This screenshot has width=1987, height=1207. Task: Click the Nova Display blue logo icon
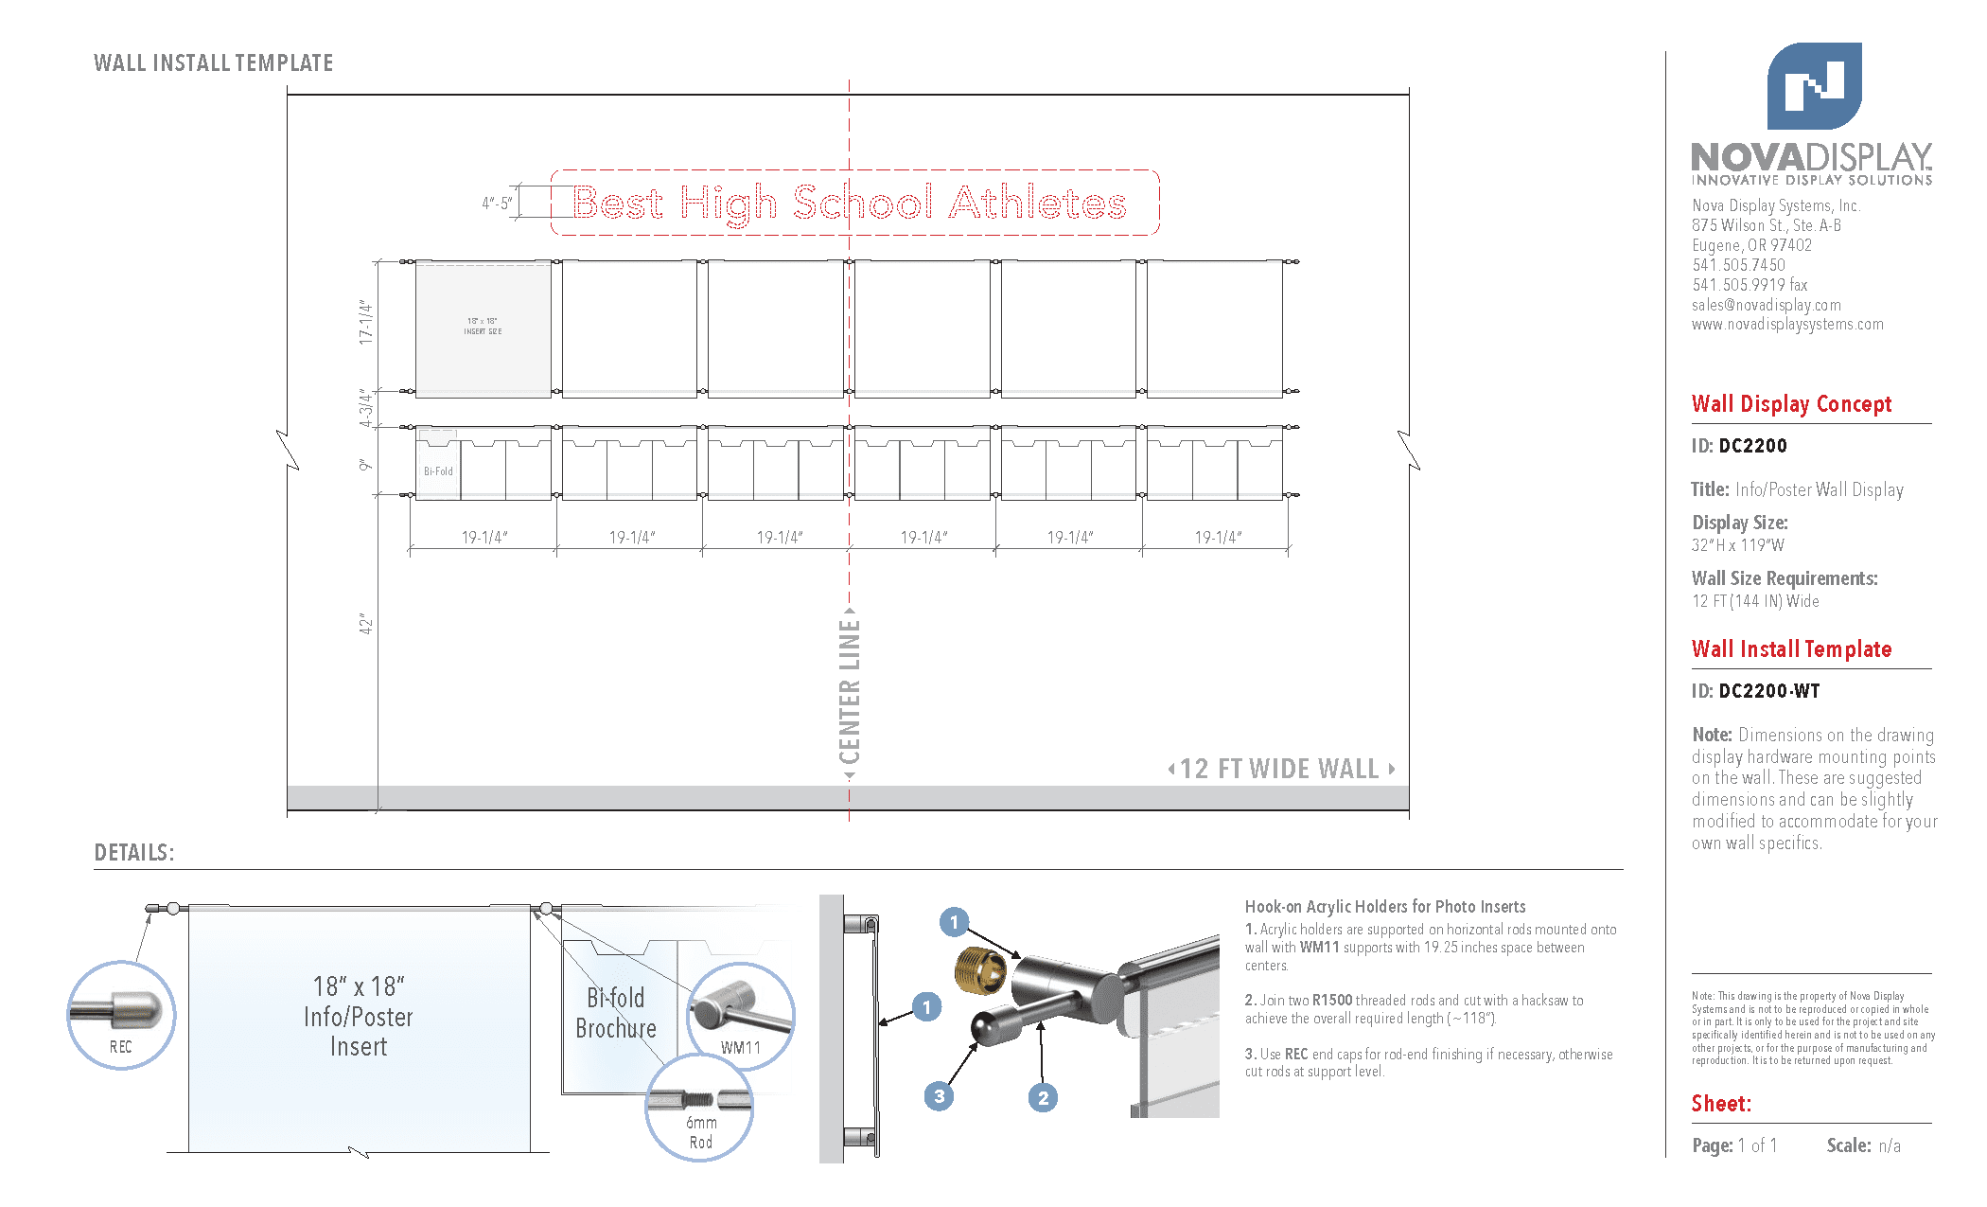pos(1814,86)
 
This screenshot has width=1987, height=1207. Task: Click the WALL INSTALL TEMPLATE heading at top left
pos(213,63)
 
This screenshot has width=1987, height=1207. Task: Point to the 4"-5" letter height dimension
pos(497,203)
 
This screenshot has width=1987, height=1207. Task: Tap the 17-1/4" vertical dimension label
pos(366,323)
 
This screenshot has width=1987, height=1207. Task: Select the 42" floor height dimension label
pos(366,624)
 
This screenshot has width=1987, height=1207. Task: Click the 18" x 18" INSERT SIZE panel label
pos(483,327)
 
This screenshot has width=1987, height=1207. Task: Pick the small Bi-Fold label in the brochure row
pos(438,470)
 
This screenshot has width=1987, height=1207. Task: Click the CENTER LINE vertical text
pos(850,691)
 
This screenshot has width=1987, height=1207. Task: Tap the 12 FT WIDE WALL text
pos(1279,769)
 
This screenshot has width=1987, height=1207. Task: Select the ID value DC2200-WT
pos(1768,691)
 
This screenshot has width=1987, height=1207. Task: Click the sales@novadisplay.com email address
pos(1766,305)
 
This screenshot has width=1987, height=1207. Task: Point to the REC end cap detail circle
pos(121,1016)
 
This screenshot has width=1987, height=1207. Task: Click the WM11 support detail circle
pos(740,1017)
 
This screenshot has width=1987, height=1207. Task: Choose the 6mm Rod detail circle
pos(700,1108)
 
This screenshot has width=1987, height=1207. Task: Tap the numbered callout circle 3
pos(939,1096)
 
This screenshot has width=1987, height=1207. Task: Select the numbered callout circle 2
pos(1043,1097)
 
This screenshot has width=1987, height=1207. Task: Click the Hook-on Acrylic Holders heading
pos(1384,907)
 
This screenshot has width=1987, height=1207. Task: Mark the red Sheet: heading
pos(1720,1104)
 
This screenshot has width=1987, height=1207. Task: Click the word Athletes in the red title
pos(1037,203)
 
